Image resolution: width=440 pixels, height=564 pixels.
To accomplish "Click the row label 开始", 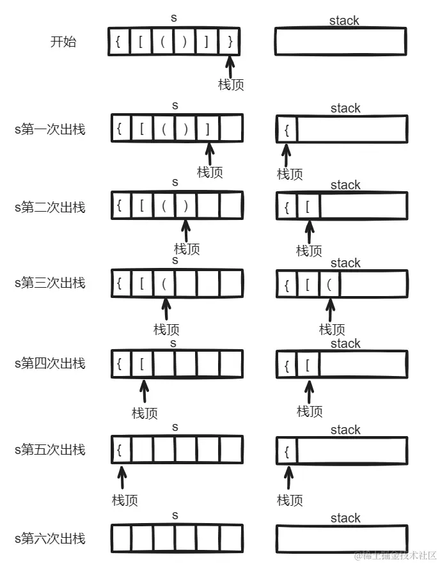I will [x=63, y=43].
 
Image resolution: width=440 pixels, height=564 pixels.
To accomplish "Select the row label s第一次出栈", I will [x=50, y=130].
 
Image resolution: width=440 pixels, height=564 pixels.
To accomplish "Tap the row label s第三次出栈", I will [x=50, y=283].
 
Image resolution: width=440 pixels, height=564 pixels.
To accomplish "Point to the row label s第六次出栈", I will [x=50, y=538].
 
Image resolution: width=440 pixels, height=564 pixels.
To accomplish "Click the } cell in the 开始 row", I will [x=229, y=42].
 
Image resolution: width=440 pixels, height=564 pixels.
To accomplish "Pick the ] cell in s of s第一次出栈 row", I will [x=208, y=129].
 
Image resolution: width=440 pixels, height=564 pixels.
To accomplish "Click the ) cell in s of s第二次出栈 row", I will [x=185, y=206].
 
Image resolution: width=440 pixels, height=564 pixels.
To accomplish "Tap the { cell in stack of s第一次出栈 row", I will [x=287, y=130].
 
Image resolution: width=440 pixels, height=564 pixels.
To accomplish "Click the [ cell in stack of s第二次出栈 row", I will [x=308, y=207].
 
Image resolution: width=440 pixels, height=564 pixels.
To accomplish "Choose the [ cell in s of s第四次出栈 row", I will [x=142, y=364].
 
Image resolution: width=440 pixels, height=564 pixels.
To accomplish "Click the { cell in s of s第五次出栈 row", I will [x=120, y=450].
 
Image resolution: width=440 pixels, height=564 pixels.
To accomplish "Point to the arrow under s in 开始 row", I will [x=230, y=67].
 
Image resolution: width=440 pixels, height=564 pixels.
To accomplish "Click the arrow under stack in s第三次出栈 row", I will [x=330, y=309].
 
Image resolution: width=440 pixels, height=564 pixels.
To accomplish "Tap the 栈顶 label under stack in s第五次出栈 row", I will [x=290, y=500].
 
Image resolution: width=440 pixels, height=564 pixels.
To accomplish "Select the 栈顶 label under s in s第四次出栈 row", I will [x=145, y=413].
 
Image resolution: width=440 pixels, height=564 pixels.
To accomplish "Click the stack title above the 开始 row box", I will [x=344, y=20].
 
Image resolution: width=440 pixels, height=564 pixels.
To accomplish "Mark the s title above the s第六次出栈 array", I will [x=175, y=515].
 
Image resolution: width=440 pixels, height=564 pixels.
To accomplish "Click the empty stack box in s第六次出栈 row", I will [x=342, y=539].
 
